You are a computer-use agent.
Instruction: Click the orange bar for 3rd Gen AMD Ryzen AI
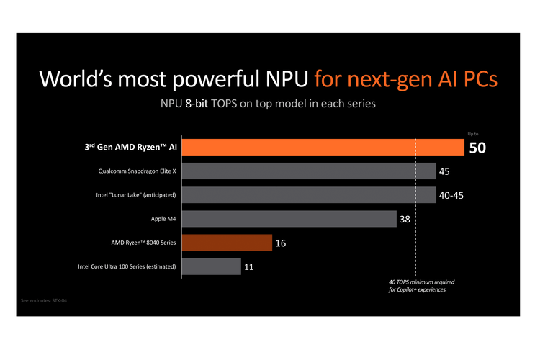point(323,147)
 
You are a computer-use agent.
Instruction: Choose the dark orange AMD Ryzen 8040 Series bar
point(227,243)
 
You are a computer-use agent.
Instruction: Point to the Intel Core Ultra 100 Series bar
point(212,266)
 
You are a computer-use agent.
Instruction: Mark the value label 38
point(405,219)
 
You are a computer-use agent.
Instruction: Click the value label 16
point(281,243)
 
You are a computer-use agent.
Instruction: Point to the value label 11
point(249,267)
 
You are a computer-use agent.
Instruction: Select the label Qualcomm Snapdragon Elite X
point(137,171)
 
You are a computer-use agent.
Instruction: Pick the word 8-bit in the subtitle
point(204,104)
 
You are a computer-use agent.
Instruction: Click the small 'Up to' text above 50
point(473,134)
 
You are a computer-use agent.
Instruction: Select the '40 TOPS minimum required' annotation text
point(422,282)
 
